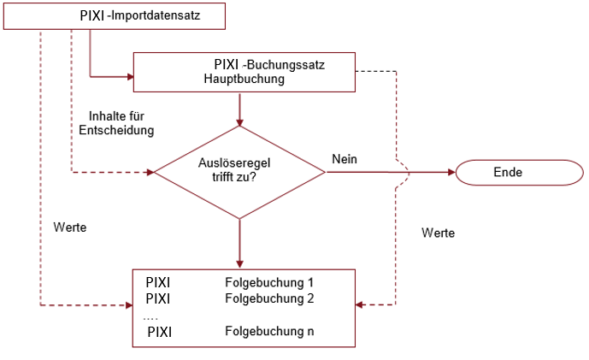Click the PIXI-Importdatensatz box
[x=115, y=16]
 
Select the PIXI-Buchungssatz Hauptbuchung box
[x=244, y=71]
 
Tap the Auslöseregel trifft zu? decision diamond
[x=239, y=172]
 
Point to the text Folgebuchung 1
[x=269, y=282]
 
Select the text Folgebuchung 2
[x=269, y=298]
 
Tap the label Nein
[x=344, y=159]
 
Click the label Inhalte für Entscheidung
[x=116, y=123]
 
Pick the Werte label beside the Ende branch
[x=439, y=233]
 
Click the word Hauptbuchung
[x=244, y=79]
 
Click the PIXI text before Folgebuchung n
[x=160, y=331]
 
